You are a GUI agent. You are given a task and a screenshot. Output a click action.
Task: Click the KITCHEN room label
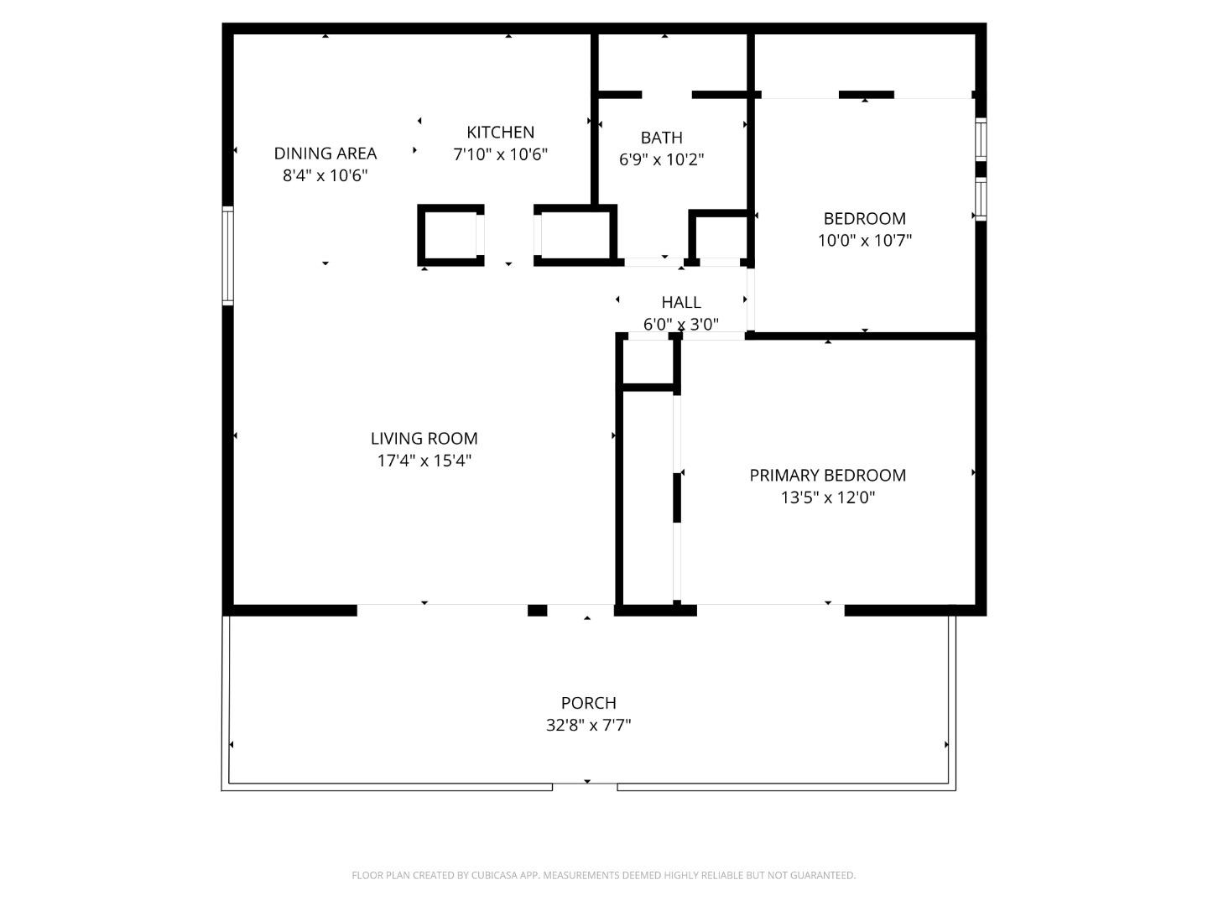pos(500,133)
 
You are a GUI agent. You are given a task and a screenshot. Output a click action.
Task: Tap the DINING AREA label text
pos(325,154)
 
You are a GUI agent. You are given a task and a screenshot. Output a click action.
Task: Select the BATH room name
pos(661,138)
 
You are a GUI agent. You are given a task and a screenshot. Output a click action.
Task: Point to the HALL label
pos(680,302)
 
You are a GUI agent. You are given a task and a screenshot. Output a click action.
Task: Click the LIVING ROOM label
pos(424,439)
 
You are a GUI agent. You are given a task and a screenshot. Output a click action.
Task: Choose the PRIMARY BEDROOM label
pos(827,476)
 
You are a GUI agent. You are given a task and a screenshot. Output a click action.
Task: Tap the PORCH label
pos(588,703)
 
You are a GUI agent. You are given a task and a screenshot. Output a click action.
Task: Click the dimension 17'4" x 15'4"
pos(424,461)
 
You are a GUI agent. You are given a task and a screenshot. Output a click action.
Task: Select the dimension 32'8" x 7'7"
pos(588,725)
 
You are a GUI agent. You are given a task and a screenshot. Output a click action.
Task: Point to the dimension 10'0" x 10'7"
pos(864,241)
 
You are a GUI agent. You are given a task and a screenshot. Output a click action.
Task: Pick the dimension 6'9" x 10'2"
pos(661,159)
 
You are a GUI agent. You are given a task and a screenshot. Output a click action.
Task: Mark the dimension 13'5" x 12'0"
pos(827,497)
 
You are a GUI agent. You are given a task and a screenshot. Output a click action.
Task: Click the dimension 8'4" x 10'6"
pos(325,175)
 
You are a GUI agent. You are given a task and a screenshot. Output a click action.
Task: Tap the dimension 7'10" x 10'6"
pos(500,154)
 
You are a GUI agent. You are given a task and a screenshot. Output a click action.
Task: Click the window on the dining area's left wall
pos(227,255)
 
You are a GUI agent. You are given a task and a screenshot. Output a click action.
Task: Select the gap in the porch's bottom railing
pos(585,786)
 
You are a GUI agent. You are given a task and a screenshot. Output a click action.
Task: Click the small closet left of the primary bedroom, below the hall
pos(648,362)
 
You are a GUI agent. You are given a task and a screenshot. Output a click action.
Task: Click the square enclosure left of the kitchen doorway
pos(450,236)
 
